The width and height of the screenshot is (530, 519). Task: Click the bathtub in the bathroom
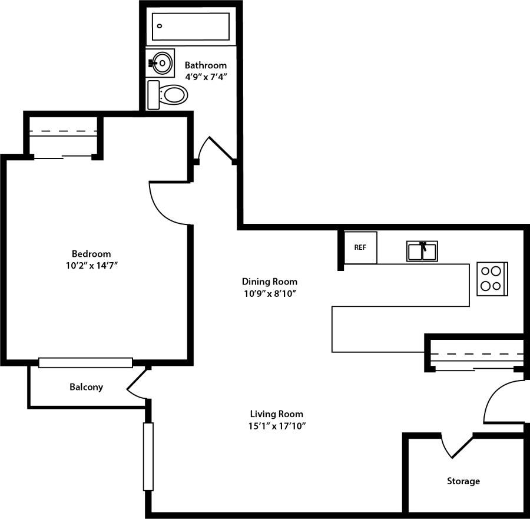pyautogui.click(x=190, y=27)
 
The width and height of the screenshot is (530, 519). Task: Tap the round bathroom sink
pyautogui.click(x=161, y=61)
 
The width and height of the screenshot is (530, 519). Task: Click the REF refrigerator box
pyautogui.click(x=360, y=247)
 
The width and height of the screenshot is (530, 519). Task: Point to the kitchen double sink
pyautogui.click(x=422, y=251)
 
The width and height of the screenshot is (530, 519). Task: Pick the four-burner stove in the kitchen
pyautogui.click(x=492, y=279)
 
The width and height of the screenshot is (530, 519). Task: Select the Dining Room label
pyautogui.click(x=270, y=282)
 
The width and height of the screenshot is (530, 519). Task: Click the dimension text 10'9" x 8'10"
pyautogui.click(x=270, y=294)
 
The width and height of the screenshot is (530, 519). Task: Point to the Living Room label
pyautogui.click(x=276, y=414)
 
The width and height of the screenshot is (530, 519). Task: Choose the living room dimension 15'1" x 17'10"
pyautogui.click(x=276, y=426)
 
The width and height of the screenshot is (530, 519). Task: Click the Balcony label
pyautogui.click(x=86, y=387)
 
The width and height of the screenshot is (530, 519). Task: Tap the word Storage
pyautogui.click(x=463, y=481)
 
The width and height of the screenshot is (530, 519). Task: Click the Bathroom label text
pyautogui.click(x=206, y=65)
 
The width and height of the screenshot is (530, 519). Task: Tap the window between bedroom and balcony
pyautogui.click(x=85, y=362)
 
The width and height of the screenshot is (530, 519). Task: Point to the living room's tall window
pyautogui.click(x=148, y=457)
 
